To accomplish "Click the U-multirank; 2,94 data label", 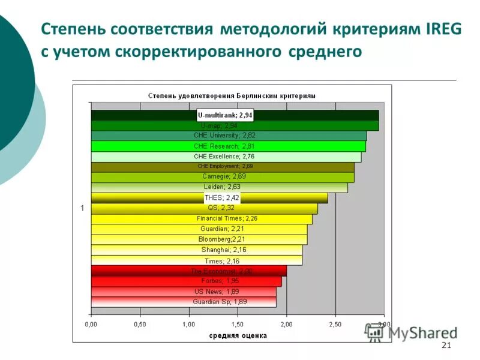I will [x=225, y=115].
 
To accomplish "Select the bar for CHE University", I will [x=228, y=136].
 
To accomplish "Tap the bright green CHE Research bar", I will [x=228, y=146].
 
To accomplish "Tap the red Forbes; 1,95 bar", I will [x=186, y=281].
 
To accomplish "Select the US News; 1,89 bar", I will [x=183, y=291].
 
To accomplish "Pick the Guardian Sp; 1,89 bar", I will [x=183, y=301].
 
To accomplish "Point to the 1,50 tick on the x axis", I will [x=238, y=324].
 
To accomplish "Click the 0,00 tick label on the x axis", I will [x=91, y=324].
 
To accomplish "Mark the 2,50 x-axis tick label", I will [x=335, y=324].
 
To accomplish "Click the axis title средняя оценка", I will [x=238, y=335].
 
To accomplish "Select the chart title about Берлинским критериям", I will [x=232, y=95].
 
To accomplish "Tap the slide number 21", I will [x=446, y=345].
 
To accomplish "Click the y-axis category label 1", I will [x=83, y=208].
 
